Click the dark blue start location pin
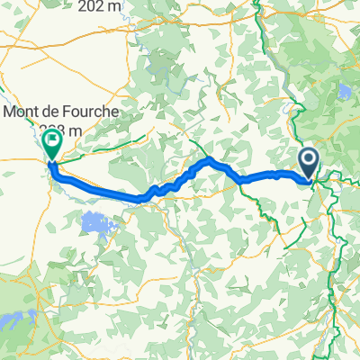click(308, 165)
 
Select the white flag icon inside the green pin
click(52, 139)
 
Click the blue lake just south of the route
click(95, 221)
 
